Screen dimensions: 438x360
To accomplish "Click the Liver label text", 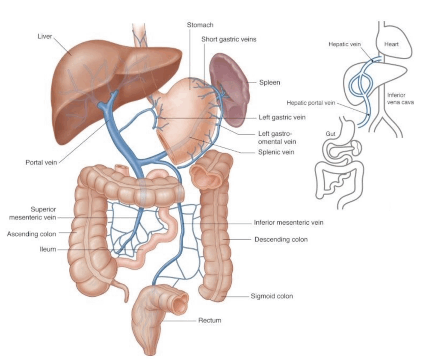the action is click(45, 36).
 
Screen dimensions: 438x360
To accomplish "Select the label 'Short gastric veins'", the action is click(229, 39).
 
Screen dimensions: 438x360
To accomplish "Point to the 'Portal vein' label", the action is click(41, 162).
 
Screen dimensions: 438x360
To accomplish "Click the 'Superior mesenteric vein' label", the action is click(33, 213).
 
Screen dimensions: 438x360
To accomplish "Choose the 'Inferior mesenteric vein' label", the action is click(289, 223).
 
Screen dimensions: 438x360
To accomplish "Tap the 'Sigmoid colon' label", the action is click(272, 296).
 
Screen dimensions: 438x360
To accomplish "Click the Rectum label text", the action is click(210, 320).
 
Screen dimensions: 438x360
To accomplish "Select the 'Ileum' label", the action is click(48, 249).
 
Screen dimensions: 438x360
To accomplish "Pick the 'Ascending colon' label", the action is click(32, 234).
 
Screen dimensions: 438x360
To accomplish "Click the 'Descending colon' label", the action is click(281, 240).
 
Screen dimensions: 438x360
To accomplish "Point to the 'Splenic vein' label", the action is click(276, 152).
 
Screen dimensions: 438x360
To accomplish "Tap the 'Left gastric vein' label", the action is click(282, 117).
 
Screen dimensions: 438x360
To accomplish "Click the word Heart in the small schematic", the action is click(391, 44).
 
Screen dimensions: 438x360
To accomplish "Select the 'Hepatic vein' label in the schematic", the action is click(345, 44).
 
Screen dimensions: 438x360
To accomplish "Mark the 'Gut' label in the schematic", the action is click(331, 134).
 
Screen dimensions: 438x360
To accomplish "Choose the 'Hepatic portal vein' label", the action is click(311, 103).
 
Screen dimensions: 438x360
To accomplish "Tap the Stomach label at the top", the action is click(200, 25).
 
